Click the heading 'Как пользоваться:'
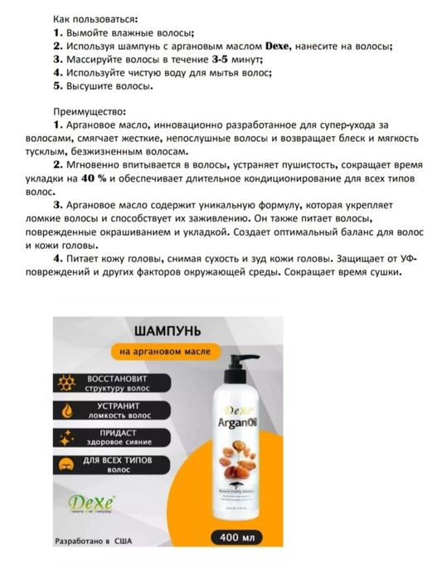click(95, 17)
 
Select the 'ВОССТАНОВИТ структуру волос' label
click(124, 382)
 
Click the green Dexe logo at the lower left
click(92, 503)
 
